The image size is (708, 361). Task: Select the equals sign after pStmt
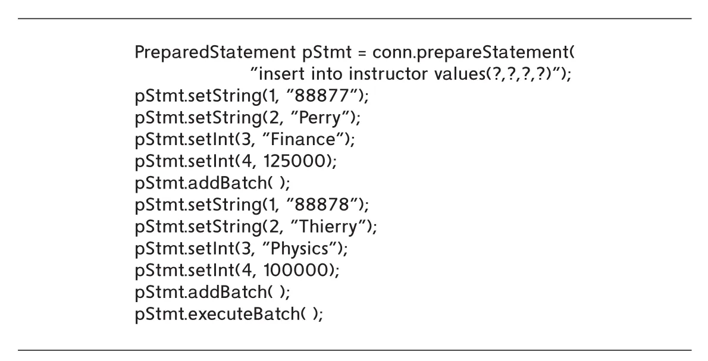pos(362,54)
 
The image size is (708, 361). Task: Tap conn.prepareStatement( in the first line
pos(474,54)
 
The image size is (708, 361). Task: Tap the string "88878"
pos(325,205)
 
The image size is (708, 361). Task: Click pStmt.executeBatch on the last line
pos(217,313)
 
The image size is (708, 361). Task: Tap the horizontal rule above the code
pos(355,18)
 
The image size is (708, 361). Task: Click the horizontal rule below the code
pos(355,350)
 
